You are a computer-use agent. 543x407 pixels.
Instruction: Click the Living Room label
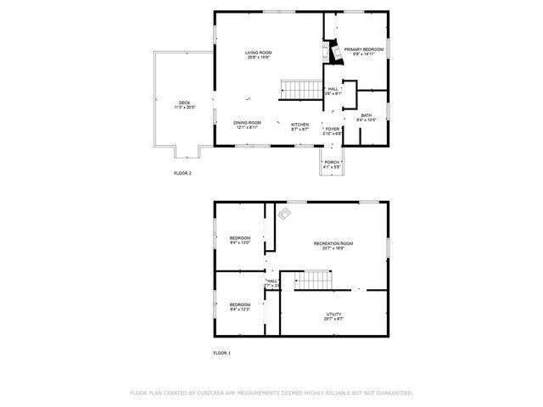(x=259, y=53)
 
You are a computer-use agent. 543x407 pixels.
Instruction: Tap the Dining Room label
(x=247, y=123)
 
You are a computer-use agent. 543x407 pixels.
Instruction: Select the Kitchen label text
(x=300, y=124)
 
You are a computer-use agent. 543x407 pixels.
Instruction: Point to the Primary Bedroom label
(x=363, y=49)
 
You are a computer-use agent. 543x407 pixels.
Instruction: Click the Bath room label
(x=366, y=115)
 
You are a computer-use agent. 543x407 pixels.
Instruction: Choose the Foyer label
(x=333, y=129)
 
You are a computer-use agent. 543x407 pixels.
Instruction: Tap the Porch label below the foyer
(x=332, y=162)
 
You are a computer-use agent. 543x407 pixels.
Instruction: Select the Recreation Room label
(x=333, y=243)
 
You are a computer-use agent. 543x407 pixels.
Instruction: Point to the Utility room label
(x=333, y=314)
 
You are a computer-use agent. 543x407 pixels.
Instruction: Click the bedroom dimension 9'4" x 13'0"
(x=240, y=243)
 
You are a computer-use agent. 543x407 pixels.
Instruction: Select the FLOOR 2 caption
(x=183, y=173)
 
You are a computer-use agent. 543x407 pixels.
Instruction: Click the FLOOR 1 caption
(x=221, y=353)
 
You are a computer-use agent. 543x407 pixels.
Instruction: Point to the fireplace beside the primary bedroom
(x=336, y=54)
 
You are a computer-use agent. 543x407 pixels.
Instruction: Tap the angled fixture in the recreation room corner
(x=283, y=215)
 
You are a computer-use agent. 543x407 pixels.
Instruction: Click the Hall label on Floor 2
(x=333, y=88)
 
